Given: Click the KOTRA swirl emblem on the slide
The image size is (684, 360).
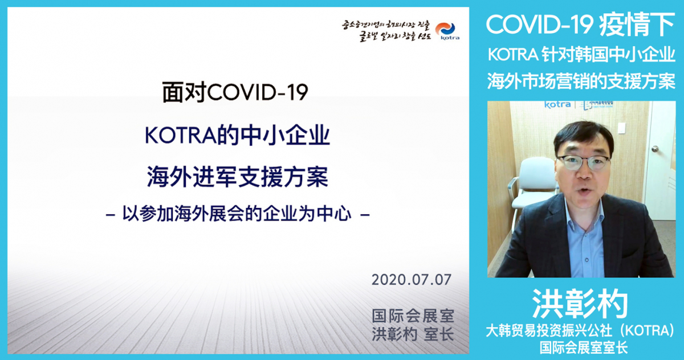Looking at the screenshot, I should (x=446, y=28).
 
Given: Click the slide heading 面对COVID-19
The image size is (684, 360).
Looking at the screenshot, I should (x=235, y=93).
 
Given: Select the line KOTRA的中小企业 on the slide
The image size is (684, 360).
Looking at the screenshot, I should (x=238, y=137).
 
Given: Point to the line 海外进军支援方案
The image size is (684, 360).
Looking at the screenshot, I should (x=238, y=177).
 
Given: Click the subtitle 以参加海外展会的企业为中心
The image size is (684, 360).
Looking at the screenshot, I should (x=238, y=215).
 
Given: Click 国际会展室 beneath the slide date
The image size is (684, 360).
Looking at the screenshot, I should (x=413, y=315).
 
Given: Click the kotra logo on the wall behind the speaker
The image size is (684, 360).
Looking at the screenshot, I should (x=557, y=105).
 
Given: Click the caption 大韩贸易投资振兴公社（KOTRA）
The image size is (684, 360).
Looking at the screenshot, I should (x=580, y=330).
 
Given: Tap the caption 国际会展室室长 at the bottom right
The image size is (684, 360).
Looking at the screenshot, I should (x=580, y=346).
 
